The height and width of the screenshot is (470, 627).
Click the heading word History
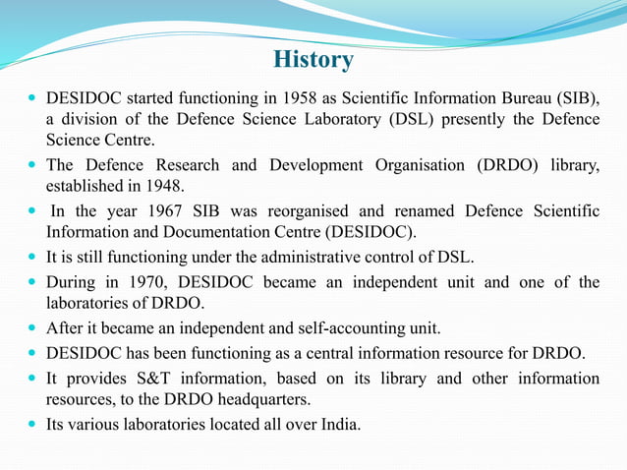pos(313,60)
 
